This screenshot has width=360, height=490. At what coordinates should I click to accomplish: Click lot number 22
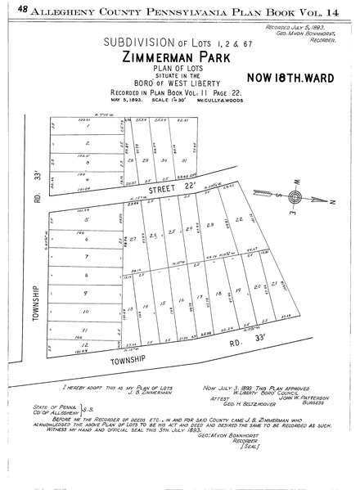[x=239, y=221]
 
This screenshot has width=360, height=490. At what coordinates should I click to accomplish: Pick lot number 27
[x=133, y=238]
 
